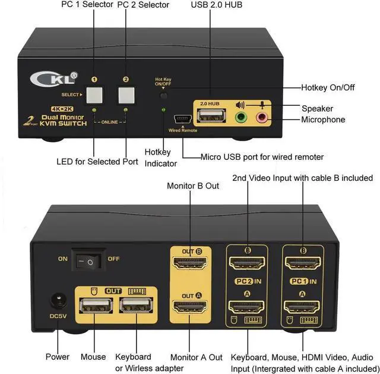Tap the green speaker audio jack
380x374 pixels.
[x=241, y=117]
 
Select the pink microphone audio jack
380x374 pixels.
[x=262, y=117]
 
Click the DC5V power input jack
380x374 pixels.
[x=58, y=300]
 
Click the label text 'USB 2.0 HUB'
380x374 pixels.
[x=217, y=5]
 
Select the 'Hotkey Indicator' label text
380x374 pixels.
[x=160, y=158]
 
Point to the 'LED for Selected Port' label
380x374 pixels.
[x=97, y=161]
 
